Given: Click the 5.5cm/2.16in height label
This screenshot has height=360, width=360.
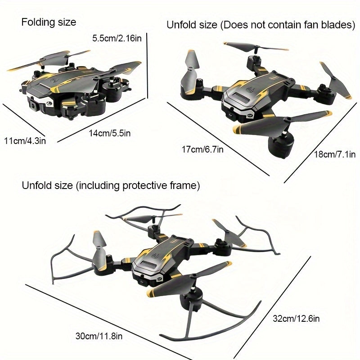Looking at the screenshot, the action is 117,38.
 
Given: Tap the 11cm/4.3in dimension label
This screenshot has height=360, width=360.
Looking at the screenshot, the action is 25,141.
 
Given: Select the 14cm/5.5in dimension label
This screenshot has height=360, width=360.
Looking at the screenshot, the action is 109,133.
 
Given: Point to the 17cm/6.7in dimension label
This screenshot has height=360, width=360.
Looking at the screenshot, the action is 202,149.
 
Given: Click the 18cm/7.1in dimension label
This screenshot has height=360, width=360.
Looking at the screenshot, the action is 335,154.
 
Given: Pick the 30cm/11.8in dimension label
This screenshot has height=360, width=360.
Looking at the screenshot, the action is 99,336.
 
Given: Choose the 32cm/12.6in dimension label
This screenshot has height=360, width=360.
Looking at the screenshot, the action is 296,319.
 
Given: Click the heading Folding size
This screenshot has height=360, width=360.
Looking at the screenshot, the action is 49,22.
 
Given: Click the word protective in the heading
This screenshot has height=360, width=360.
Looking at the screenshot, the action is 145,185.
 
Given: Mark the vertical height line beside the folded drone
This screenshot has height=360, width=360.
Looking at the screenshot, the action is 147,66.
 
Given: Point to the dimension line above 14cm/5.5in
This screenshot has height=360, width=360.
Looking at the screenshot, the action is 101,120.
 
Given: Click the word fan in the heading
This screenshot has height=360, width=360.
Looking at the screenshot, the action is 310,25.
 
